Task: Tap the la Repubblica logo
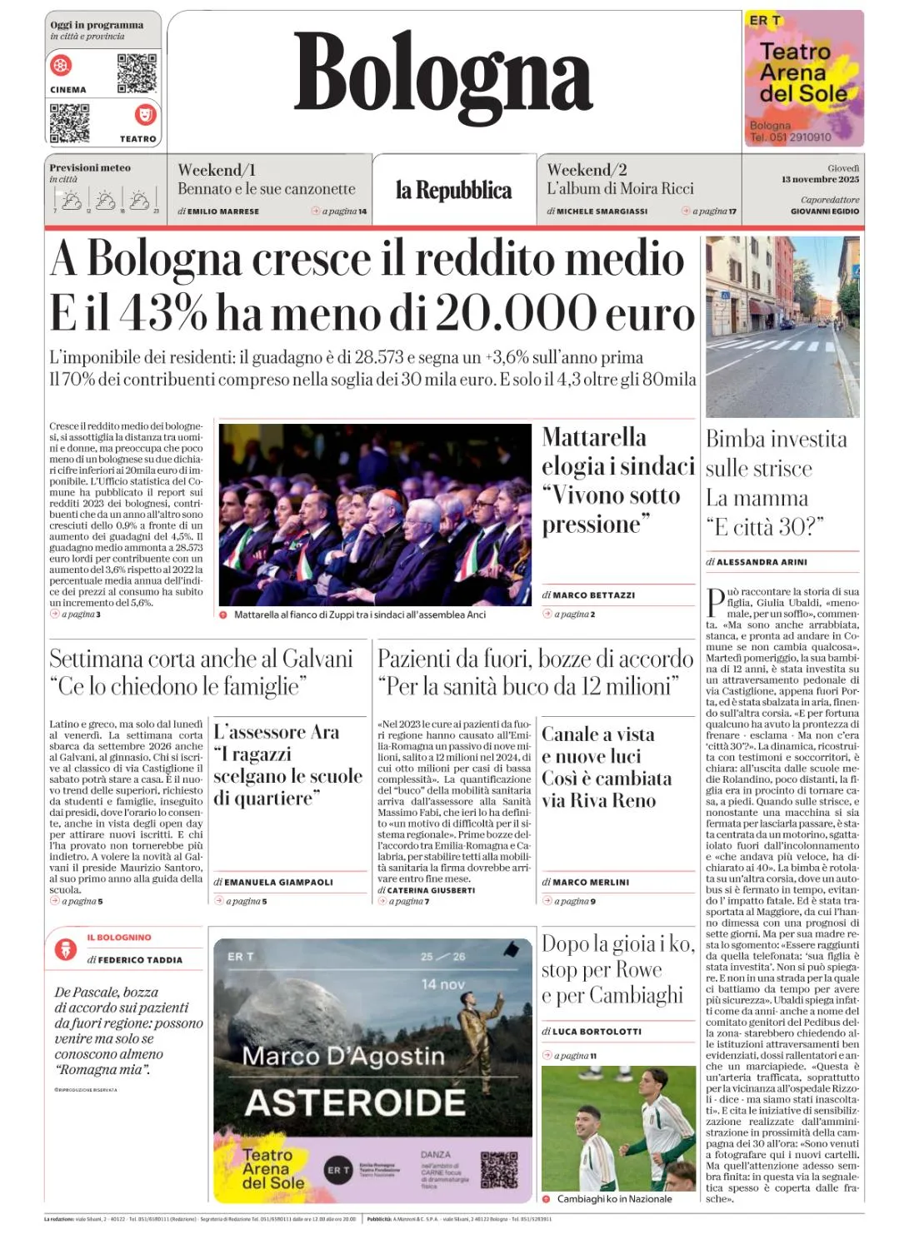point(453,191)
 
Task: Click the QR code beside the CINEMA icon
point(137,73)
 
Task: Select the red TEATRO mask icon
point(145,113)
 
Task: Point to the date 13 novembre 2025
point(820,179)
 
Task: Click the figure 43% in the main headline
point(163,313)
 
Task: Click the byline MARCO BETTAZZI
point(593,595)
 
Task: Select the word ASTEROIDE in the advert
point(356,1102)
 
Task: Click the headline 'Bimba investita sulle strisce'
point(776,454)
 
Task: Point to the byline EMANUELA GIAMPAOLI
point(278,882)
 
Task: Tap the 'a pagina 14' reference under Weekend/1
point(344,211)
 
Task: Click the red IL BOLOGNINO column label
point(119,938)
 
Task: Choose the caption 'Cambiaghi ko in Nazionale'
point(614,1199)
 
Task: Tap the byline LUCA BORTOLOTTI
point(597,1031)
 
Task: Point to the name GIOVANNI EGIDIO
point(825,211)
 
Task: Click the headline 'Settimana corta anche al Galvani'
point(201,659)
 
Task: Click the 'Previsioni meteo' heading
point(90,168)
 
